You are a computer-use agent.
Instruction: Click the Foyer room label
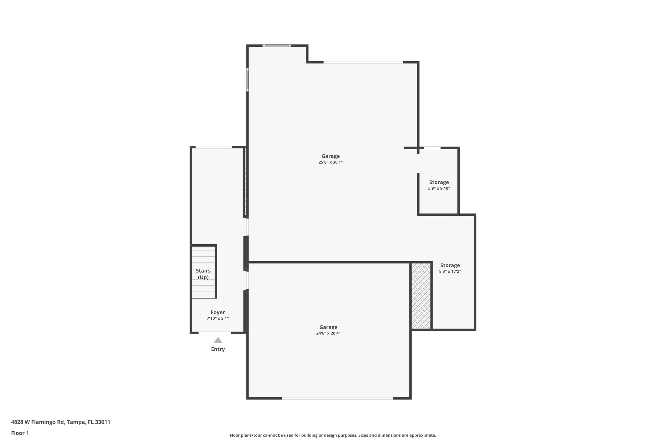point(218,312)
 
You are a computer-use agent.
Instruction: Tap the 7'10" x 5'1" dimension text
point(218,318)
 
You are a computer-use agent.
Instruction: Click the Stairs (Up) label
point(203,274)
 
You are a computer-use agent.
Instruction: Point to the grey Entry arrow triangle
point(218,340)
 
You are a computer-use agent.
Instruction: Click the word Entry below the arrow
point(218,349)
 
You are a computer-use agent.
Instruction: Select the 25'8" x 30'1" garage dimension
point(330,162)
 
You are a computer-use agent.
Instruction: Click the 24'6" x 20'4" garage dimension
point(328,333)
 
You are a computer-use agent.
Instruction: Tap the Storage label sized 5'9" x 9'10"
point(439,182)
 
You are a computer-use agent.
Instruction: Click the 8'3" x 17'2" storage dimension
point(450,271)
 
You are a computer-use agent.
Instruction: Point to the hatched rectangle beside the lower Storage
point(421,296)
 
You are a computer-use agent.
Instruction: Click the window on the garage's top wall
point(276,46)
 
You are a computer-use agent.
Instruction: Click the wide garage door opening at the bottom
point(337,398)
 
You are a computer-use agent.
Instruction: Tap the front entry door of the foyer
point(215,333)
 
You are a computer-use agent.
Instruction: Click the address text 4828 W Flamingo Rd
point(60,422)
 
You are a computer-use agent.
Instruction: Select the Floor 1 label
point(20,433)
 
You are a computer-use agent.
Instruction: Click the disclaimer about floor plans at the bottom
point(333,435)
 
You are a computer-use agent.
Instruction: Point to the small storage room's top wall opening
point(432,148)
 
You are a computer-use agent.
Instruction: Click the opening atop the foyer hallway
point(214,147)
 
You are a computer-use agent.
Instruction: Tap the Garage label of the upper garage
point(330,156)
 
